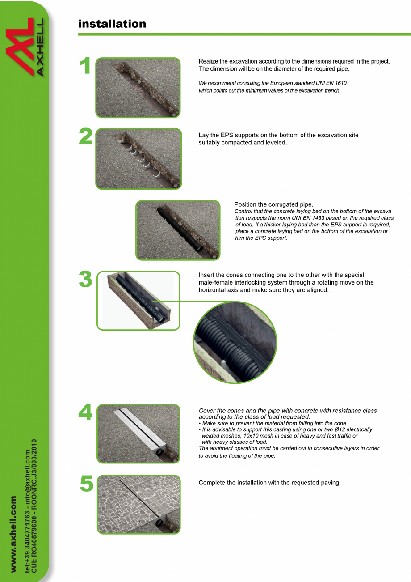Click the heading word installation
[x=112, y=24]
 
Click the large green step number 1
[x=85, y=66]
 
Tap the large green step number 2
[x=85, y=137]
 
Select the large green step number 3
[x=85, y=280]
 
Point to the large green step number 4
[x=85, y=412]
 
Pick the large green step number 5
[x=86, y=484]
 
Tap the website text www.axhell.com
[x=14, y=533]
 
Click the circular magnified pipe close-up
[x=235, y=342]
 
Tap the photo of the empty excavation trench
[x=138, y=88]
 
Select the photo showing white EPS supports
[x=138, y=159]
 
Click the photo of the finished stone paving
[x=138, y=504]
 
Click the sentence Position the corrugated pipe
[x=273, y=204]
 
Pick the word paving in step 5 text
[x=331, y=483]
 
